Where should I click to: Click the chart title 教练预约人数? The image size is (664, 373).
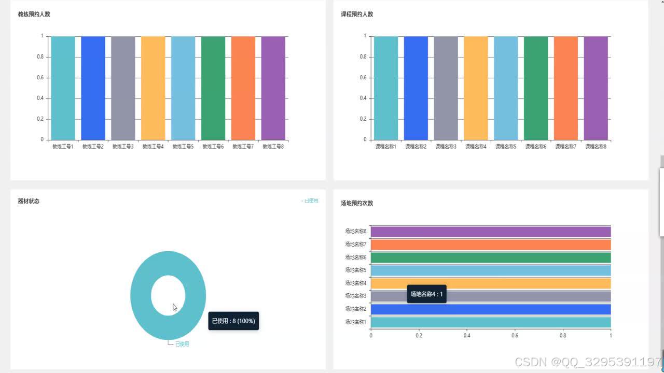[34, 15]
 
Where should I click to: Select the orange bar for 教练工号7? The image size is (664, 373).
[243, 88]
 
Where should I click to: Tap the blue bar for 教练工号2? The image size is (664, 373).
[93, 88]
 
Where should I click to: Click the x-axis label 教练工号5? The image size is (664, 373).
[183, 147]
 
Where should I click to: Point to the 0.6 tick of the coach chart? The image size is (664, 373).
[40, 78]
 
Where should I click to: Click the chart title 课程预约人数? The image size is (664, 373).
[357, 15]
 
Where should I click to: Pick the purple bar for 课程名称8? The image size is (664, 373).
[596, 88]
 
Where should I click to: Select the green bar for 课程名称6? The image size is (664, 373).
[535, 88]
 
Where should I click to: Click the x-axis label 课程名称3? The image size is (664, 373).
[446, 147]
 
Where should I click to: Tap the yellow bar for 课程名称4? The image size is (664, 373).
[476, 88]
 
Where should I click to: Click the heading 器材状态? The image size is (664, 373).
[29, 201]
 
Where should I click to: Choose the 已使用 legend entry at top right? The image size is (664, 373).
[310, 201]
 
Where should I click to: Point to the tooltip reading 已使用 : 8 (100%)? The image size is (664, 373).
[233, 321]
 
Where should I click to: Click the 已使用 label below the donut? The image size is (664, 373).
[182, 344]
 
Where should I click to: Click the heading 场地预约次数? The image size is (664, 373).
[357, 203]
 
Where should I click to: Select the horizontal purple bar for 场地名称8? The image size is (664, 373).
[490, 232]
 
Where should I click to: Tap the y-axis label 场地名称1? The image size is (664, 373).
[355, 322]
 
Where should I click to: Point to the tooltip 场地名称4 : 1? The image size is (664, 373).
[426, 294]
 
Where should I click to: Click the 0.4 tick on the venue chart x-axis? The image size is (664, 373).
[467, 336]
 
